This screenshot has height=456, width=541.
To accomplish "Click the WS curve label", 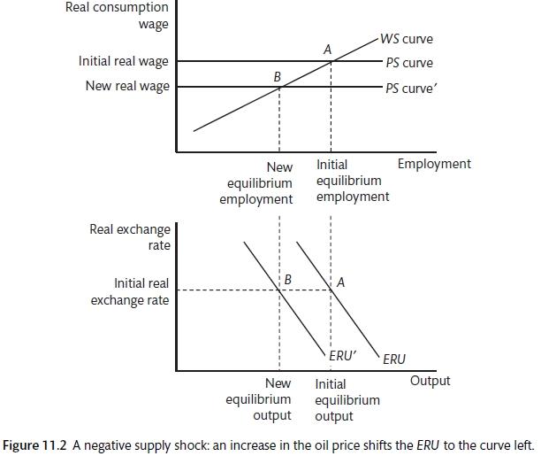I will [x=409, y=40].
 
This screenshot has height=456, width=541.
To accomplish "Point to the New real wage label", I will [x=127, y=86].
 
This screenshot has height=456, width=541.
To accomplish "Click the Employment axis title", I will [x=434, y=164].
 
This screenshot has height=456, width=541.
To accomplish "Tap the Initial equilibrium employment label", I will [x=352, y=181].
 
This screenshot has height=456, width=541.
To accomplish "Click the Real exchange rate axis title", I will [x=130, y=236].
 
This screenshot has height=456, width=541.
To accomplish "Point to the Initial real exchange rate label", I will [x=129, y=291].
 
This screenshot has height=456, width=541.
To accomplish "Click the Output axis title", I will [x=430, y=381].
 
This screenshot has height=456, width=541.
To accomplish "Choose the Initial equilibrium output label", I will [x=347, y=399].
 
